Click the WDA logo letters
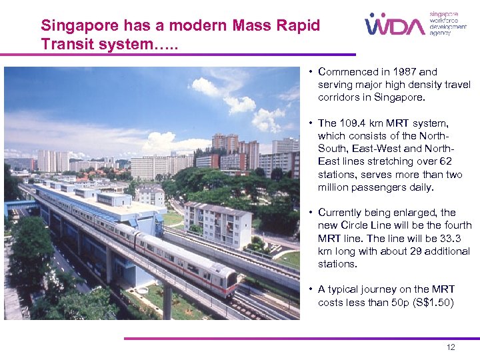tap(395, 25)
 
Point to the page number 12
tap(451, 347)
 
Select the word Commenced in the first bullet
tap(347, 72)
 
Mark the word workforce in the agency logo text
tap(444, 20)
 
